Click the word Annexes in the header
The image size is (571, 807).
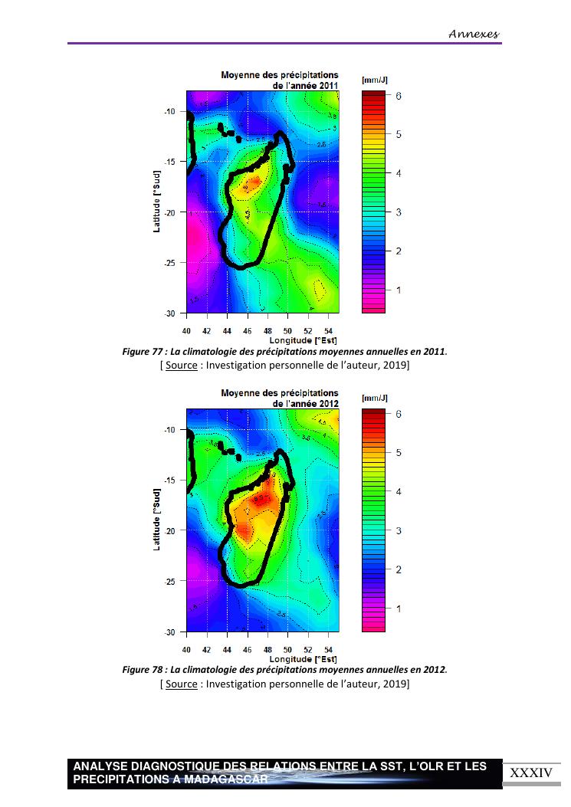[x=474, y=34]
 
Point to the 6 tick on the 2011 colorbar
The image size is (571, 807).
[x=399, y=96]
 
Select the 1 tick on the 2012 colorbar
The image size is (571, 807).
[x=399, y=609]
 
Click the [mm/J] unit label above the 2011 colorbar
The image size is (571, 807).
[x=374, y=80]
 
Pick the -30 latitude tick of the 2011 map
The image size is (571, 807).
[x=169, y=313]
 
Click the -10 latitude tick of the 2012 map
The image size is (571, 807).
[x=169, y=430]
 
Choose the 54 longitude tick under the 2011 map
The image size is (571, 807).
[x=328, y=330]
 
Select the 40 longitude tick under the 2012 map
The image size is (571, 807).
[x=187, y=648]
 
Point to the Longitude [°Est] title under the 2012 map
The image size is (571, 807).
[x=304, y=658]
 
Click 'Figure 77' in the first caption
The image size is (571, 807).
[x=143, y=352]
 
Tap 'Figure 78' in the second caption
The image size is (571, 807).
[x=143, y=670]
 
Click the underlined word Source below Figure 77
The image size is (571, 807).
[x=181, y=365]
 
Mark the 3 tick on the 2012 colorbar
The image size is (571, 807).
[x=399, y=530]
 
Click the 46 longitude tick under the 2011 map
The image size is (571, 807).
[x=248, y=330]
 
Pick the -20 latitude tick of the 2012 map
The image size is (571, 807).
[x=169, y=530]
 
